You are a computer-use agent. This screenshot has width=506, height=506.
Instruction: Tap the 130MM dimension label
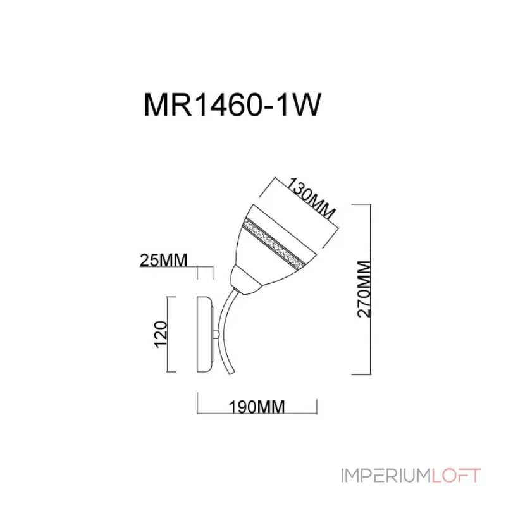tap(311, 197)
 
